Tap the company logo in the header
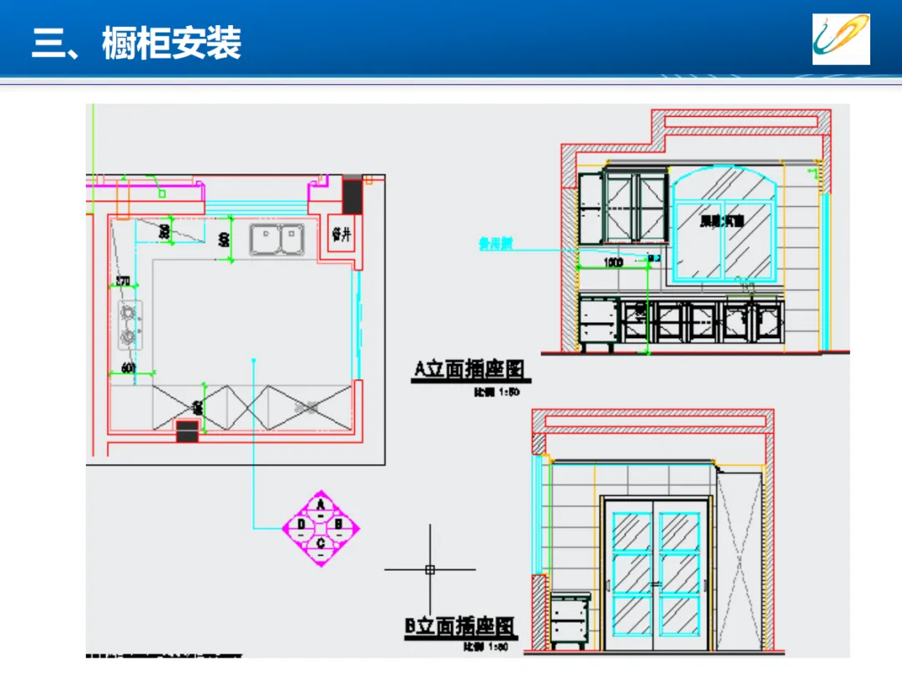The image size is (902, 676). (x=841, y=39)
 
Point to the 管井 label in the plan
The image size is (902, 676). (x=341, y=235)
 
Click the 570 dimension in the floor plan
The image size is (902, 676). (x=123, y=280)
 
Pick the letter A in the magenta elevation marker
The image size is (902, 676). (x=321, y=505)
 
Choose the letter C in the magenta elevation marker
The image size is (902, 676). (x=321, y=544)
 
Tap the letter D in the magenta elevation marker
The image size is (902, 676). (x=301, y=525)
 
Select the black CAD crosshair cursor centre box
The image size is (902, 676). (x=430, y=570)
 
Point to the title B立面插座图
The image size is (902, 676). (x=460, y=627)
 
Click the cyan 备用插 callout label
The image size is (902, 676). (x=495, y=245)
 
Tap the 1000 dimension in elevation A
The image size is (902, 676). (x=613, y=263)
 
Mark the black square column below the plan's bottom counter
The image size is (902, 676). (x=187, y=431)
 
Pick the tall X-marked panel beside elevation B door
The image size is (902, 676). (x=740, y=559)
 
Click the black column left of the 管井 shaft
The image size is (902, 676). (x=352, y=196)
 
